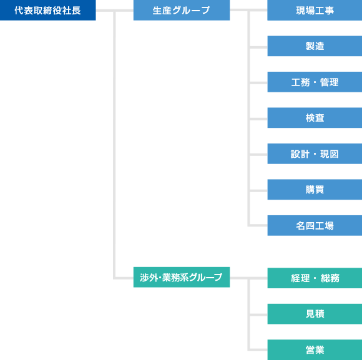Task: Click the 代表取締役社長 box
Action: click(x=48, y=10)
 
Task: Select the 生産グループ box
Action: click(x=182, y=10)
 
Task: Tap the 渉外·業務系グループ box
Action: click(x=182, y=277)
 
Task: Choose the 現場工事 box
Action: click(x=315, y=10)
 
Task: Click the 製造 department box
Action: click(x=315, y=46)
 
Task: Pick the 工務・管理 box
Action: click(x=315, y=82)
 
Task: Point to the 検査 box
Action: click(x=315, y=118)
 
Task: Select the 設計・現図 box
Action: click(x=315, y=153)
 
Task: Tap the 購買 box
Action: click(x=315, y=190)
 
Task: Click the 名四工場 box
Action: click(x=315, y=225)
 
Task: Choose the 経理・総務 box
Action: click(x=315, y=278)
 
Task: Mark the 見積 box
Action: click(x=315, y=314)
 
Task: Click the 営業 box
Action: click(x=315, y=349)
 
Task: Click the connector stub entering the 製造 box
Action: click(x=258, y=47)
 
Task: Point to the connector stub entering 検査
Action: click(x=258, y=119)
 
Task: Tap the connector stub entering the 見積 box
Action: click(x=258, y=315)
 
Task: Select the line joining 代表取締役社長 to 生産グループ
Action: click(x=114, y=11)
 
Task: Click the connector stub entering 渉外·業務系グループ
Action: click(x=124, y=278)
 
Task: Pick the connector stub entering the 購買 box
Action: click(x=258, y=191)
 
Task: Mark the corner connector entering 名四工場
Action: click(x=248, y=225)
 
